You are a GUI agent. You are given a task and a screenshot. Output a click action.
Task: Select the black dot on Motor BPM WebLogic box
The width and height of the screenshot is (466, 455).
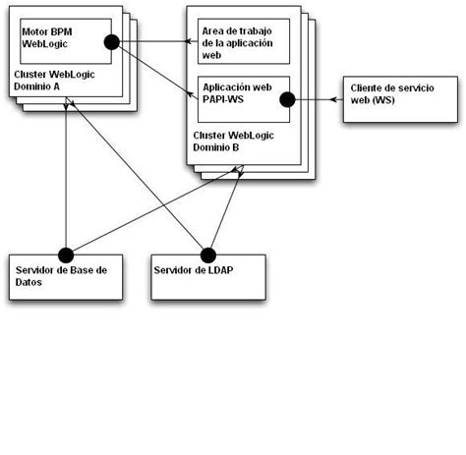[x=111, y=41]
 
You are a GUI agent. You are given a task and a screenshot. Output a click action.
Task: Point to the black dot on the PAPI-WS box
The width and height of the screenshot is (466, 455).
[x=288, y=99]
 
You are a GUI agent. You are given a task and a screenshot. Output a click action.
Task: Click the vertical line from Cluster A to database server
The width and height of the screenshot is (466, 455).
[x=65, y=177]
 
